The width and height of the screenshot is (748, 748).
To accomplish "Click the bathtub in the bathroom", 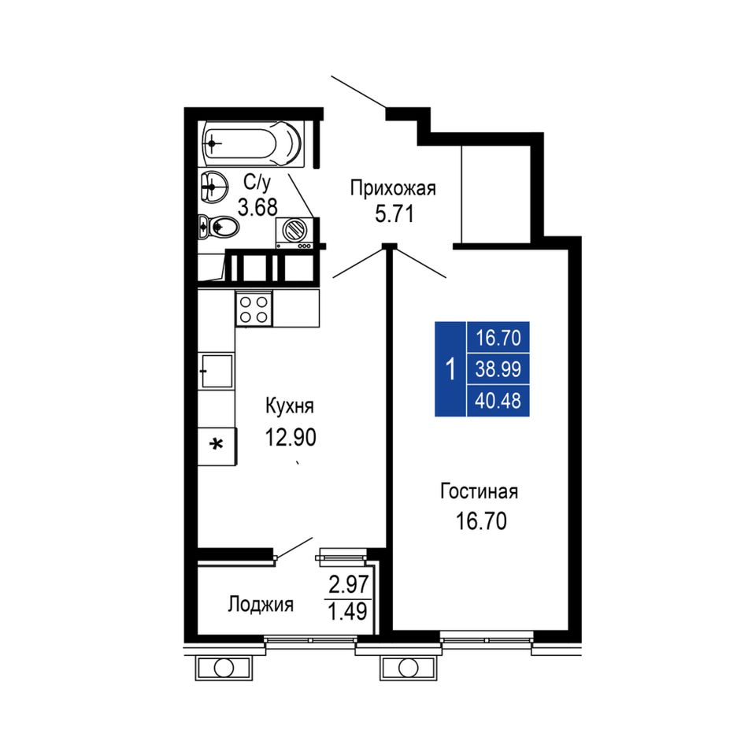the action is (x=252, y=143).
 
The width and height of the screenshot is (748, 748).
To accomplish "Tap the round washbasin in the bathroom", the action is (x=213, y=187).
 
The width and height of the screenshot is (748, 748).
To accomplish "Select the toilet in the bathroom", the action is (x=218, y=227).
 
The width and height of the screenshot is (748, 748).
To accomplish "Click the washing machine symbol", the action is (x=294, y=232).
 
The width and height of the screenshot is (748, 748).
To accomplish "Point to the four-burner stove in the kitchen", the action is (x=254, y=309).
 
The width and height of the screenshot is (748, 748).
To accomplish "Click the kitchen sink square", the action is (x=216, y=371).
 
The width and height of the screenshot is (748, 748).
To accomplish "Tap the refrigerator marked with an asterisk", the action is (x=217, y=446).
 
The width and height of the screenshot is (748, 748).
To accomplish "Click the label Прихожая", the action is (x=393, y=188).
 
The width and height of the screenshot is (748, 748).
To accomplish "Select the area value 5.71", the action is (x=394, y=214).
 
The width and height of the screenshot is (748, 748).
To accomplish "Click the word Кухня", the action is (x=290, y=406).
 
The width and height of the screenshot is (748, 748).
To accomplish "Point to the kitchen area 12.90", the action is (x=291, y=437).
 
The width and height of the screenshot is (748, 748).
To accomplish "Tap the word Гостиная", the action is (x=479, y=491).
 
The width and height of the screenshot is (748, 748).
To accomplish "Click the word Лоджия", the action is (x=261, y=605).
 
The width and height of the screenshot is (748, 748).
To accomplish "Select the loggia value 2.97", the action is (x=349, y=584).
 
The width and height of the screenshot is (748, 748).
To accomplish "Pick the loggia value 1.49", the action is (x=348, y=611).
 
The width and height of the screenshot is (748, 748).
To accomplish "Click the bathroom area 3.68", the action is (x=257, y=208).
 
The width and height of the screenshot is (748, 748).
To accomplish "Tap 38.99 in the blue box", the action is (x=498, y=368).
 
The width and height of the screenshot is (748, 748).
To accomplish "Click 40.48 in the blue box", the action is (x=498, y=400).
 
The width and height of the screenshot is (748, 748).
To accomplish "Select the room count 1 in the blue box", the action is (x=450, y=369).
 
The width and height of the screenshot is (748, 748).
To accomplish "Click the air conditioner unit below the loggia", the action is (x=224, y=668).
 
